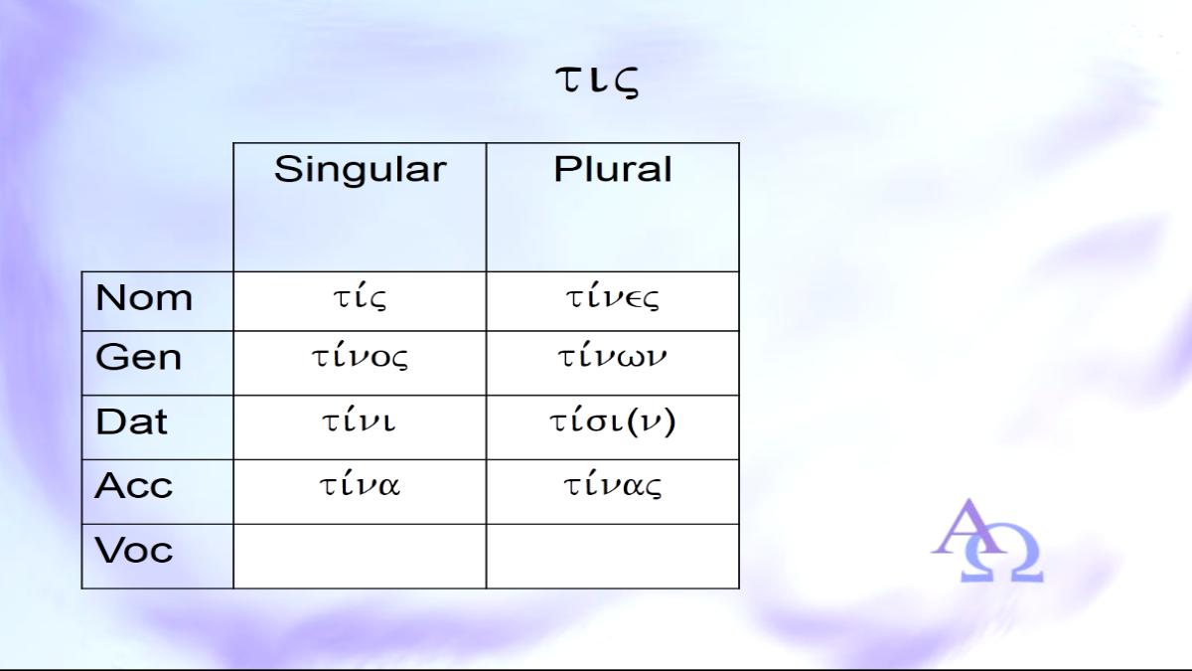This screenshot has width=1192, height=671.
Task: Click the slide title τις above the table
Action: coord(597,82)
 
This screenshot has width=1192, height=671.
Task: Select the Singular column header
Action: coord(361,169)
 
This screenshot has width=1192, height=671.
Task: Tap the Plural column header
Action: coord(613,169)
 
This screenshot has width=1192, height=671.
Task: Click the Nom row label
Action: coord(144,297)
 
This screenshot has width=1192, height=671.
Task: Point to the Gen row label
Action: coord(138,356)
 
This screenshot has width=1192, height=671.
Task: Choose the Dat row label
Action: coord(131,421)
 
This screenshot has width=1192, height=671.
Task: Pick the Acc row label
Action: coord(133,485)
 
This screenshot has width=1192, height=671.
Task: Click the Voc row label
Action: coord(133,550)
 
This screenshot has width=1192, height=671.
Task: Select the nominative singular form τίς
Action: coord(360,297)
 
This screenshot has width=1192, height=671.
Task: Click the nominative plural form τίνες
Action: coord(612,297)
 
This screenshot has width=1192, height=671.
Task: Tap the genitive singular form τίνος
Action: coord(360,356)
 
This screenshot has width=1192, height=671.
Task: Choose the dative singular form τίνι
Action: coord(360,419)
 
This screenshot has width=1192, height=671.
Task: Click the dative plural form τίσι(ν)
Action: coord(613,421)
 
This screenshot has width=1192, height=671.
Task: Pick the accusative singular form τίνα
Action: coord(360,484)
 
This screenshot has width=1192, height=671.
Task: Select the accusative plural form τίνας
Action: coord(613,485)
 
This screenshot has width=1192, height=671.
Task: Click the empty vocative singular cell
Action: coord(360,556)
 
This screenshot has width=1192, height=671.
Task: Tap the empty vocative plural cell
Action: coord(613,556)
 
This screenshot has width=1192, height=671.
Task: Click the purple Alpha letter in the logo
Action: coord(969,527)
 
